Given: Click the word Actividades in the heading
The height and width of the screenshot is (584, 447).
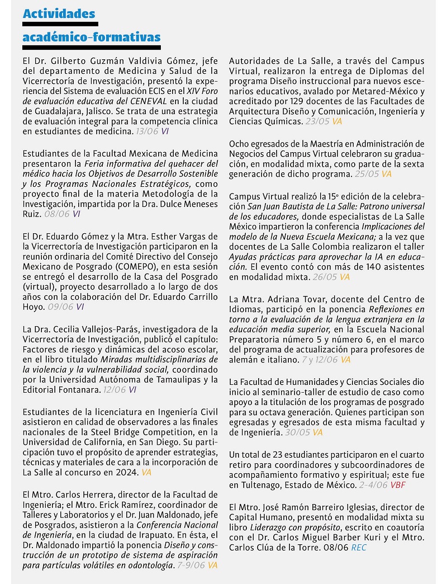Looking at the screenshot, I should tap(59, 13).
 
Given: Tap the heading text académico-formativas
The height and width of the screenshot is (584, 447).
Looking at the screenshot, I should tap(91, 37).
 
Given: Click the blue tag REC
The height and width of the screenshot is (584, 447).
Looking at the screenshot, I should tap(359, 548).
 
